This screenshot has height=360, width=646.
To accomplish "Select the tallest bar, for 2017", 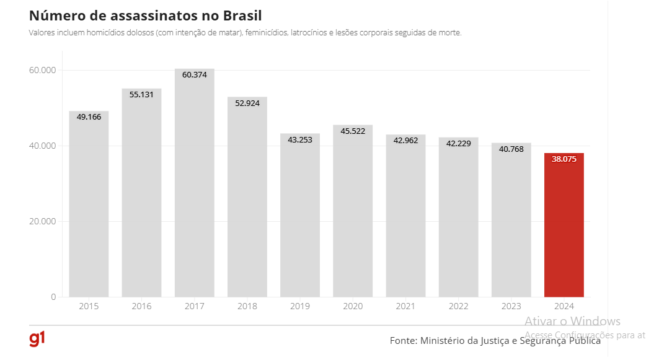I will tap(194, 186).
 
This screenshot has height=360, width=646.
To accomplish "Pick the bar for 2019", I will tap(299, 217).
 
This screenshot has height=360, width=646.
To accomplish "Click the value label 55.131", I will tap(141, 95).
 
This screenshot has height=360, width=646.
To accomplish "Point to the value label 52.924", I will tap(247, 103).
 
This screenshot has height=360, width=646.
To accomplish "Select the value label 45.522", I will tap(353, 131).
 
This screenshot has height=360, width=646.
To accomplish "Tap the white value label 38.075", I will tap(564, 159).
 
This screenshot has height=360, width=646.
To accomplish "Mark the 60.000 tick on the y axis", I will tap(43, 71).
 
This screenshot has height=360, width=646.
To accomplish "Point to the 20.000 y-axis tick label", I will tap(43, 222).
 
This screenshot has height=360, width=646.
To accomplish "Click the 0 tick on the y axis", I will tap(53, 297).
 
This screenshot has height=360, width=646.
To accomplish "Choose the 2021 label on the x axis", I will tap(405, 307).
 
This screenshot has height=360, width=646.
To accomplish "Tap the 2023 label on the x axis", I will tap(511, 307).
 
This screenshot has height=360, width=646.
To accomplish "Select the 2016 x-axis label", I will tap(141, 307).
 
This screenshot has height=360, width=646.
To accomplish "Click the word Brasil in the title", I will tap(248, 15).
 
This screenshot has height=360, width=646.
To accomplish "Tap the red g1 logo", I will tap(37, 339).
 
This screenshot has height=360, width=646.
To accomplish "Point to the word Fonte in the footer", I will tap(403, 341).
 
